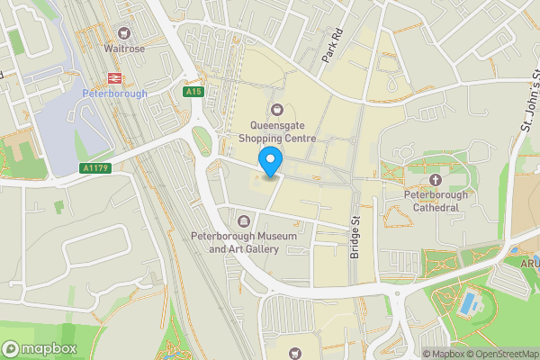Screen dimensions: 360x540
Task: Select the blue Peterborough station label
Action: pyautogui.click(x=113, y=94)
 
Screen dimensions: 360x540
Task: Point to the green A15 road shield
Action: pyautogui.click(x=193, y=92)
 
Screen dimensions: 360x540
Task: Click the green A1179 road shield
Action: pyautogui.click(x=94, y=167)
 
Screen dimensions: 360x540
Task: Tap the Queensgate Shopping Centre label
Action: pyautogui.click(x=277, y=132)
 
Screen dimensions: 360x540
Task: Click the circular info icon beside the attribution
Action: pyautogui.click(x=416, y=354)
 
